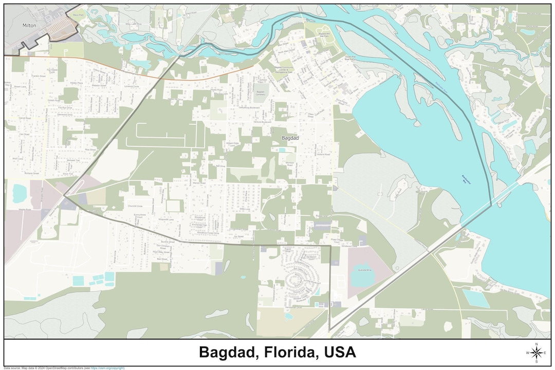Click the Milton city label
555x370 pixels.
(x=29, y=25)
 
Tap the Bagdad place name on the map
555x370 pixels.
(x=290, y=138)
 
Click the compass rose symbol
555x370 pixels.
(x=536, y=353)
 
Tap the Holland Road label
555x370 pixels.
(x=323, y=154)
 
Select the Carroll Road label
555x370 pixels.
(x=24, y=118)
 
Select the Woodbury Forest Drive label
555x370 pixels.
(x=206, y=233)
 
